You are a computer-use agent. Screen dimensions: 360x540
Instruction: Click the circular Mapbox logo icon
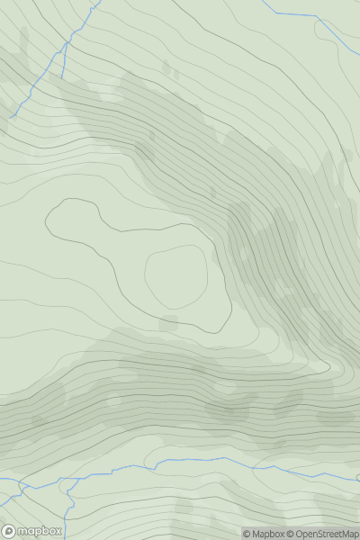tap(9, 531)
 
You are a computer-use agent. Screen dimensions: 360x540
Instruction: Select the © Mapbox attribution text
tap(267, 534)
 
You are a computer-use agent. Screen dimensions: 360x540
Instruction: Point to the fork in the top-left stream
tap(65, 43)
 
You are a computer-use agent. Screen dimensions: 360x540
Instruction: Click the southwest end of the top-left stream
tap(12, 117)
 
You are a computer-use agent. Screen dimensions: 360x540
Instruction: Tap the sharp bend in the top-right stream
tap(318, 17)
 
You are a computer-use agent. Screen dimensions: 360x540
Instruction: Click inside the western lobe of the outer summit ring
tap(76, 225)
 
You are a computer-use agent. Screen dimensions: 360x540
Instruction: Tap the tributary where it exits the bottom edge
tap(66, 538)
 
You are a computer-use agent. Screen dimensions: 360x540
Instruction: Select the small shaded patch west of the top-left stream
tap(22, 40)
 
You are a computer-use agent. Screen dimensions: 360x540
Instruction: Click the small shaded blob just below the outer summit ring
tap(167, 323)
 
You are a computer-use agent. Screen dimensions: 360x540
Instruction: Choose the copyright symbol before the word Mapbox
tap(247, 534)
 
